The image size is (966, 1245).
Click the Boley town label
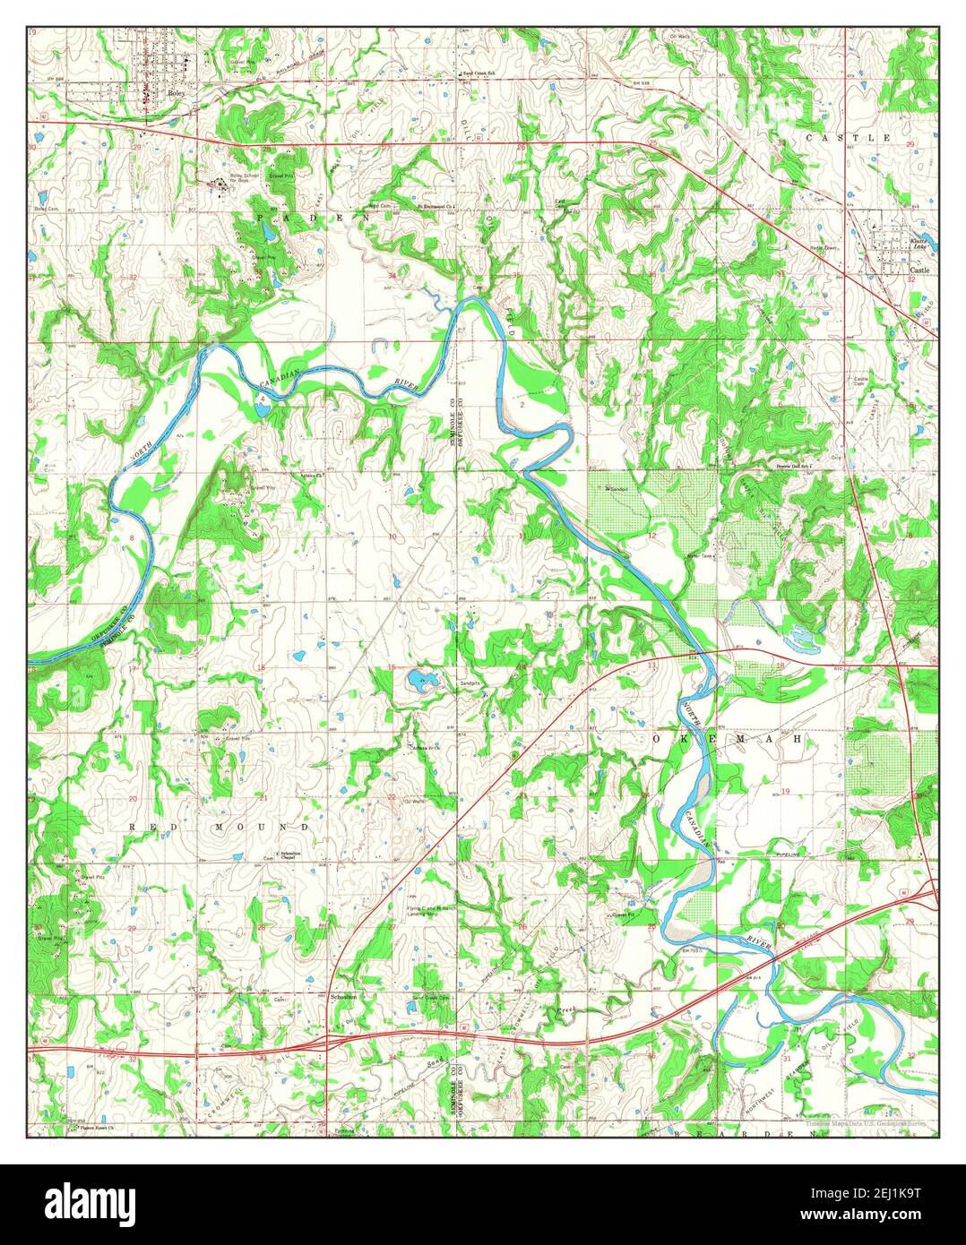pyautogui.click(x=176, y=92)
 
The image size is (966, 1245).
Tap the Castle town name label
pyautogui.click(x=919, y=270)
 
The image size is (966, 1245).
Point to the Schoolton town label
pyautogui.click(x=343, y=996)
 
